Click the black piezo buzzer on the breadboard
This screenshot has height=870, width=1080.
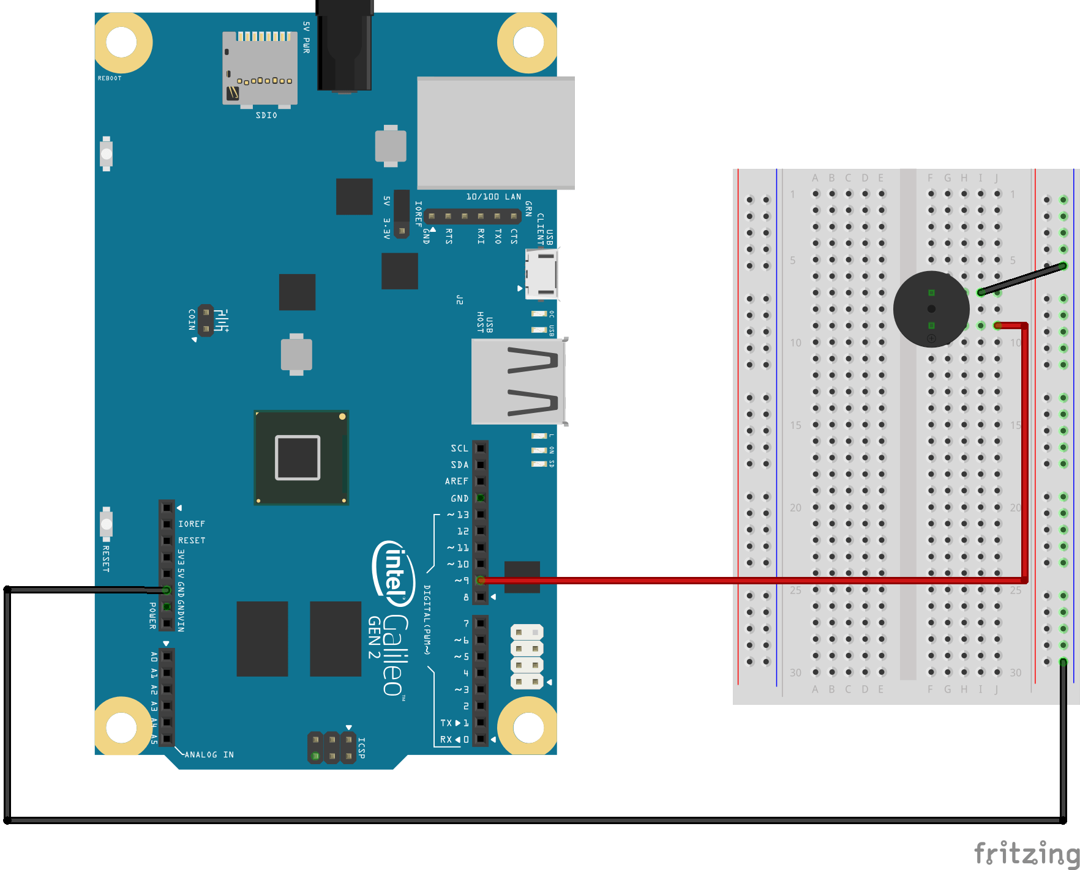click(x=931, y=309)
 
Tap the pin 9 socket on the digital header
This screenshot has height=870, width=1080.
click(x=481, y=580)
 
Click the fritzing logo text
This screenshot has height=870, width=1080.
click(x=1026, y=853)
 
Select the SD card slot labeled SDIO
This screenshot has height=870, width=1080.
click(x=260, y=69)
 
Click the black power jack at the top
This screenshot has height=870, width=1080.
click(x=344, y=49)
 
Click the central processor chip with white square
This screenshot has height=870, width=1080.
click(x=301, y=457)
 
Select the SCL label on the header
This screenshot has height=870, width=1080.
click(x=459, y=448)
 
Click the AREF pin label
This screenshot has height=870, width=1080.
click(x=457, y=481)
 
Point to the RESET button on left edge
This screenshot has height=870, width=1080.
click(x=107, y=524)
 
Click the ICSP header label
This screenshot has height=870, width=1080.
click(x=361, y=748)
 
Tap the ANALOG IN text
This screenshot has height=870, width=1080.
click(x=209, y=754)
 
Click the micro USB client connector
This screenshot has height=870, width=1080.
click(x=541, y=274)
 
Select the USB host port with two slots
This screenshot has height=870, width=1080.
click(x=518, y=381)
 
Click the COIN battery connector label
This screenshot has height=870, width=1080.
click(x=192, y=319)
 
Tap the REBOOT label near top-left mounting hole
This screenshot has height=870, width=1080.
click(x=110, y=78)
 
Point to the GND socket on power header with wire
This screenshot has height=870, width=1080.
click(x=167, y=590)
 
